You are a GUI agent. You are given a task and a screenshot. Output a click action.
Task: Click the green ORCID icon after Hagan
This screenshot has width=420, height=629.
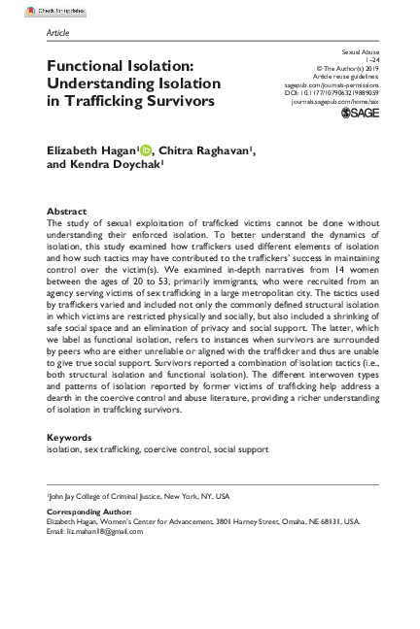click(146, 149)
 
